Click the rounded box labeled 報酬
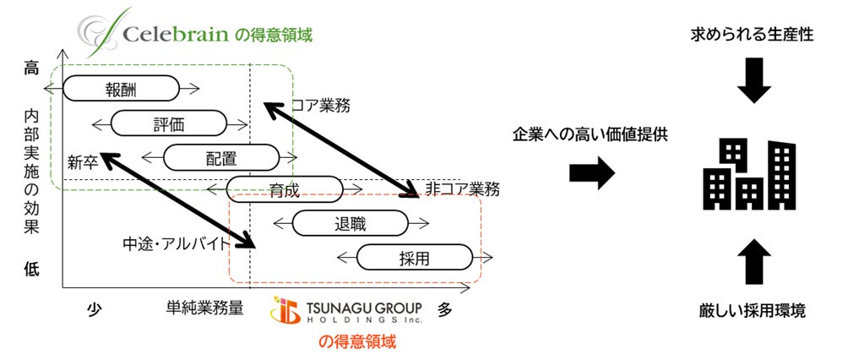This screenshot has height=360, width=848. click(121, 88)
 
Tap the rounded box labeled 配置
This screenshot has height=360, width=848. click(220, 157)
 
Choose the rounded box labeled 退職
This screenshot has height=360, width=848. click(349, 223)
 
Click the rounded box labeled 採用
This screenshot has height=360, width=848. click(414, 257)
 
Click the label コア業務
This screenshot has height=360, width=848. click(320, 106)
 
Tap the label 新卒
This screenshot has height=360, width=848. click(84, 161)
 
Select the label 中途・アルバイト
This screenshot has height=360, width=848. click(177, 243)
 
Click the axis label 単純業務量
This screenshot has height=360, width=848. click(205, 309)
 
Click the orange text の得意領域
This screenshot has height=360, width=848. click(356, 342)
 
